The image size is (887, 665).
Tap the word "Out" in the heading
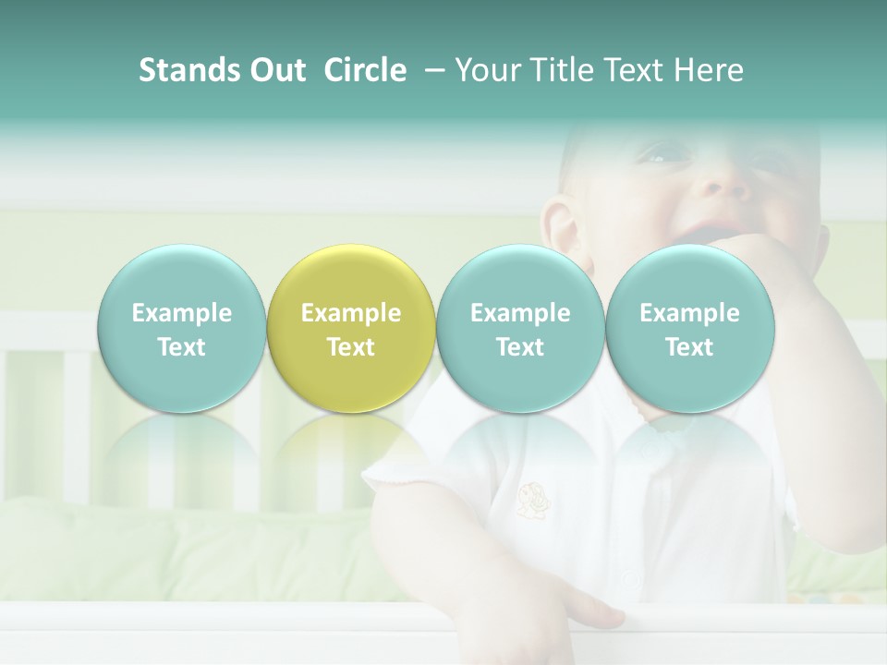[274, 70]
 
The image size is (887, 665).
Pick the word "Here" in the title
[709, 70]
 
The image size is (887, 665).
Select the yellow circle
[350, 329]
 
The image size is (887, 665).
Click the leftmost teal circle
[181, 329]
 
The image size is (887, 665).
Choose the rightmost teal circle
[689, 329]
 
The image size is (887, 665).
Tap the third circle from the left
[519, 329]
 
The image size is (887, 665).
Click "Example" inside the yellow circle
[350, 313]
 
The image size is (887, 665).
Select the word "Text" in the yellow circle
[350, 347]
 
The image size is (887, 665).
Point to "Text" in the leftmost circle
[181, 347]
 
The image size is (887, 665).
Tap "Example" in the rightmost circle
[689, 313]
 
